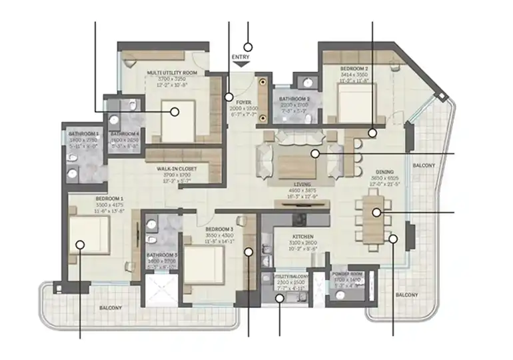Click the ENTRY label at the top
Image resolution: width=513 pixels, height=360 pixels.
(x=241, y=57)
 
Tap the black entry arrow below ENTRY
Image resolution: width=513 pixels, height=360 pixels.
(x=241, y=65)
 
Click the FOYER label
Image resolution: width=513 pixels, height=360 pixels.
(x=243, y=103)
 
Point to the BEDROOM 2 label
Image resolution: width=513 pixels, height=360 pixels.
(x=354, y=69)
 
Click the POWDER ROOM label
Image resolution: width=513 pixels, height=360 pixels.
(x=346, y=274)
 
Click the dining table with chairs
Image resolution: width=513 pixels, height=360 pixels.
(x=372, y=212)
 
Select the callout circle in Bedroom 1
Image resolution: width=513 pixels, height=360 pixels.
(x=80, y=245)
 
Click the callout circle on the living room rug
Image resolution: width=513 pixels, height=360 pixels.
(x=315, y=154)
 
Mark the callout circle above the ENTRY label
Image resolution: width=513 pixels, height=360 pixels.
(x=248, y=47)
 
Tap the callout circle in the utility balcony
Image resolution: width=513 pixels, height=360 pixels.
(x=279, y=299)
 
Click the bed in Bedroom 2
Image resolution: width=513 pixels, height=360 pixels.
(x=348, y=104)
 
